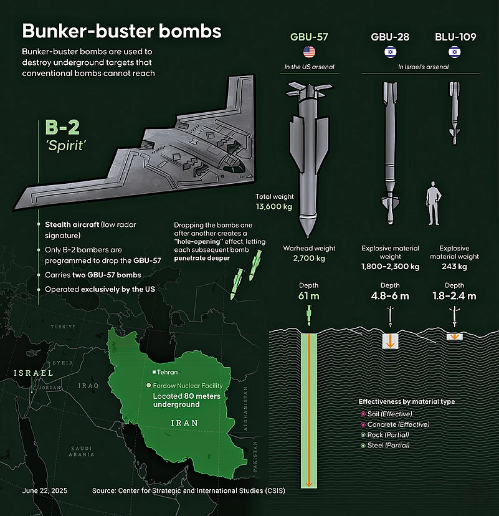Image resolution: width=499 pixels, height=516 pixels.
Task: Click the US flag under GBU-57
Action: click(309, 52)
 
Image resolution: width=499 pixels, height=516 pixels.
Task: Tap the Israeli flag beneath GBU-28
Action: click(390, 52)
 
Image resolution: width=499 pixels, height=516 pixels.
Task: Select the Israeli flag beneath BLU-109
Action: click(455, 52)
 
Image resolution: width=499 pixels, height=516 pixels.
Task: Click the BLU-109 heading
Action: click(455, 37)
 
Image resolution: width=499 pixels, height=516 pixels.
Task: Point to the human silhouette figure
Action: click(434, 203)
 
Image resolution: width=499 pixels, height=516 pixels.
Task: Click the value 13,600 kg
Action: click(274, 207)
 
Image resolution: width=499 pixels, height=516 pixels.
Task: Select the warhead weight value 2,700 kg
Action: click(309, 259)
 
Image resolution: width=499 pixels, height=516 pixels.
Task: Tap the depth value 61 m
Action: click(308, 296)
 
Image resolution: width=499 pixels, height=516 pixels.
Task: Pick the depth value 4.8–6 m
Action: click(390, 296)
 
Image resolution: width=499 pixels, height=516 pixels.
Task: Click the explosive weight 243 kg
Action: click(454, 267)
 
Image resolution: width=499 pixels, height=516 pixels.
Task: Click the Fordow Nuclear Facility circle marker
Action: click(148, 385)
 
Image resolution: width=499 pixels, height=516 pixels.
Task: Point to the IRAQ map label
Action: click(88, 386)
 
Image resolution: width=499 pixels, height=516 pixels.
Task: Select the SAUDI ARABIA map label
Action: click(81, 451)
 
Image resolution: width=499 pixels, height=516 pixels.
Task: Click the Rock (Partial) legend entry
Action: click(385, 435)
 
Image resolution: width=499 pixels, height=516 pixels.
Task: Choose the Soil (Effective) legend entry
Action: click(386, 414)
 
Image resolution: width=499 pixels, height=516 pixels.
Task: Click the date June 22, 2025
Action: click(45, 490)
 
